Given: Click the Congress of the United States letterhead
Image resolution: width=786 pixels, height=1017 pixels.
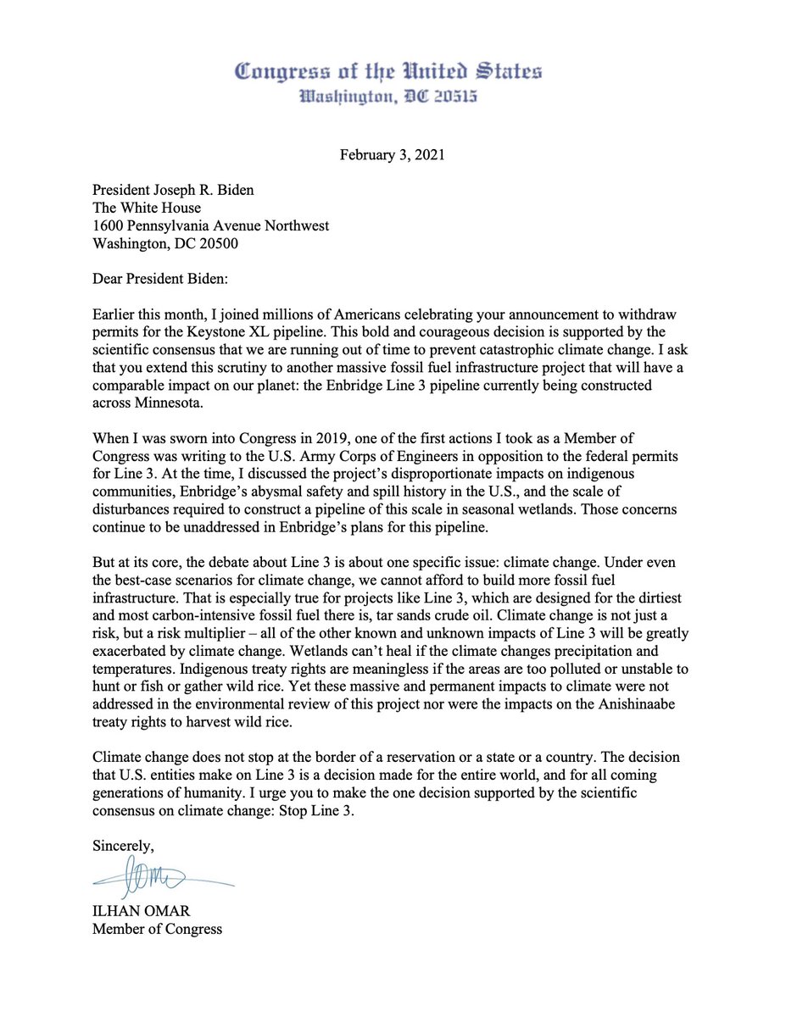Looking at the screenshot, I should point(387,71).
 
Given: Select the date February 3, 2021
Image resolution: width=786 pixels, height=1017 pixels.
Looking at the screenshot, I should point(392,155).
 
